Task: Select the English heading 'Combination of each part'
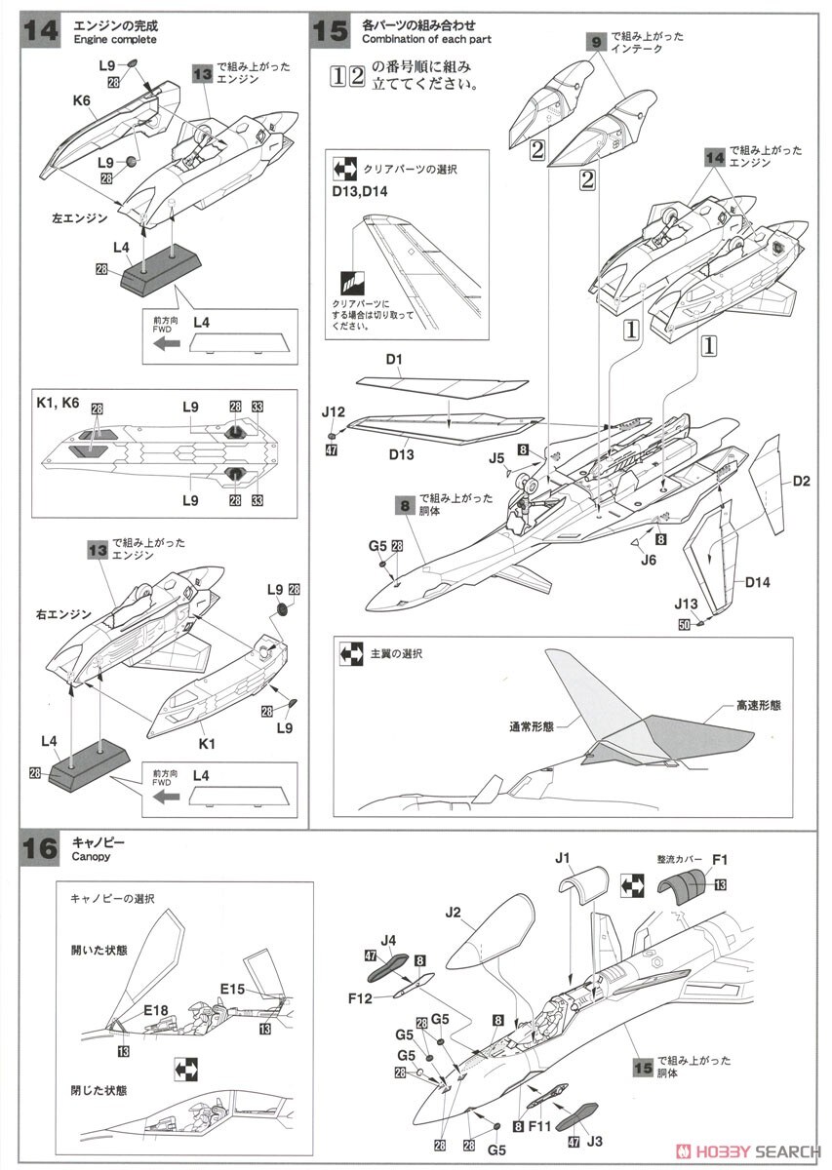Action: pyautogui.click(x=426, y=39)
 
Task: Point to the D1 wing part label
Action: pyautogui.click(x=394, y=360)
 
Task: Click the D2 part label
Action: pyautogui.click(x=802, y=480)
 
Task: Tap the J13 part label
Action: pyautogui.click(x=689, y=604)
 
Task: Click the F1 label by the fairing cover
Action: pyautogui.click(x=720, y=859)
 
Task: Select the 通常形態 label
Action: pyautogui.click(x=531, y=725)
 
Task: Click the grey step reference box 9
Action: pyautogui.click(x=596, y=42)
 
